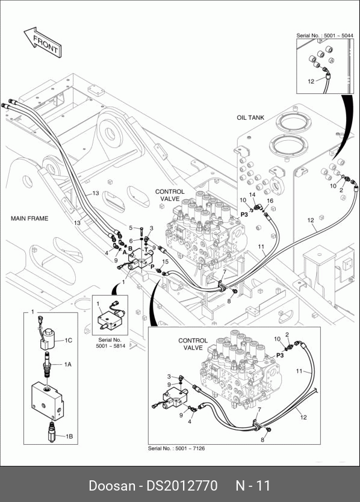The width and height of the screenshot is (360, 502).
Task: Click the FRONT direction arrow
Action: pos(43,43)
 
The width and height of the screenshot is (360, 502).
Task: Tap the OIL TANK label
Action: pos(250,117)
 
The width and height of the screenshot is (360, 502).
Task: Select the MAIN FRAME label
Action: pos(29,218)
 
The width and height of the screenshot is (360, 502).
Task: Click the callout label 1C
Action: pos(68,340)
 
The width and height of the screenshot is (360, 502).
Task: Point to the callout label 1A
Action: pos(67,364)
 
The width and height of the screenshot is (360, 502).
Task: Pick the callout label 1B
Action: pos(69,436)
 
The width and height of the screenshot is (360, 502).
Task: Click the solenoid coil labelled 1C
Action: pos(48,339)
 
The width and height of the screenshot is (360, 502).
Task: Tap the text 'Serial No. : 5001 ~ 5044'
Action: pos(324,36)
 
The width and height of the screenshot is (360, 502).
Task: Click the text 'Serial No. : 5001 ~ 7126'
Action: pos(176,448)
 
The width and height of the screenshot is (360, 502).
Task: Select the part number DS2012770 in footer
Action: pos(182,486)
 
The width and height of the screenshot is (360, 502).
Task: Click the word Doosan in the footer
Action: pos(112,486)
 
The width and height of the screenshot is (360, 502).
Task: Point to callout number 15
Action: pos(165,262)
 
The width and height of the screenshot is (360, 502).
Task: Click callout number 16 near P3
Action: pos(270,200)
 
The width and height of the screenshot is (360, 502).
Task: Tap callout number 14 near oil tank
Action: pos(252,194)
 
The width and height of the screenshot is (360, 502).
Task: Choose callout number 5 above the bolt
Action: pos(131,228)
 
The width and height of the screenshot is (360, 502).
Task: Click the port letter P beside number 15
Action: pos(152,267)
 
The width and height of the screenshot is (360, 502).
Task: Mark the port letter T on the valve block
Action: pos(146,249)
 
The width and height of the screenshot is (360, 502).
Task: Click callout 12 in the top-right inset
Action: pos(311,81)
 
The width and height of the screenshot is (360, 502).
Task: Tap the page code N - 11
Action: pos(253,486)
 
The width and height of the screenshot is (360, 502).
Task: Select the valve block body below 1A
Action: pos(48,401)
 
